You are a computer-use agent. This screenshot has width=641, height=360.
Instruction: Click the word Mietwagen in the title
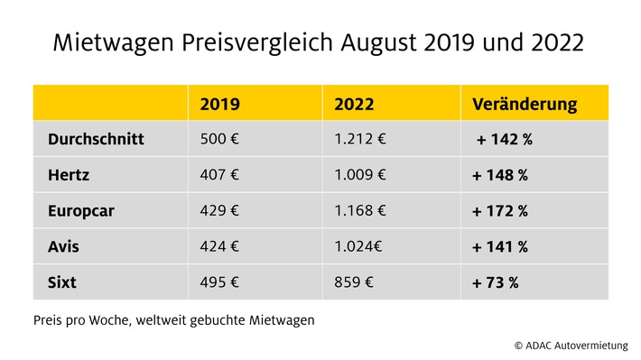coord(114,43)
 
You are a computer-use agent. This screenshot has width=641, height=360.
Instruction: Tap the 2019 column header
coord(220,104)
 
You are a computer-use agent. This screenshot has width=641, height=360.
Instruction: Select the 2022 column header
coord(354,104)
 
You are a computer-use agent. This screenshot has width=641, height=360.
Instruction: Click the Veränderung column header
coord(525,104)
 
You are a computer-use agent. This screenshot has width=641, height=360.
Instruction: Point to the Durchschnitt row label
coord(96,139)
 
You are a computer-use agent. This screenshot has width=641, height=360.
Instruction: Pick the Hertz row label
coord(69,175)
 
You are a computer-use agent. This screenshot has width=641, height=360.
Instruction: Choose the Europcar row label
coord(81,211)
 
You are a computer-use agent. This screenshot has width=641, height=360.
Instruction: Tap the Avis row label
coord(63,247)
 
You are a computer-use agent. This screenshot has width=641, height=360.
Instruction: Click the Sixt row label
coord(62,282)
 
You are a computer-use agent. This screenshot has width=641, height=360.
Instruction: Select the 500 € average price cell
coord(219,139)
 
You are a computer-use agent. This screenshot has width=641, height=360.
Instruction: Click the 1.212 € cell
coord(360,139)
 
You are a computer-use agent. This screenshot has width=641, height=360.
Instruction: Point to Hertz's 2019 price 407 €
coord(219,175)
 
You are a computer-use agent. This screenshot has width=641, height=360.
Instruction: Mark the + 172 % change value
coord(500,211)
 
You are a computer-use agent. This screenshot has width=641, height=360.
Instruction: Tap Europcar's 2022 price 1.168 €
coord(360,210)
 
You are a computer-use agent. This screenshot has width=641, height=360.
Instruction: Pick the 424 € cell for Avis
coord(219,246)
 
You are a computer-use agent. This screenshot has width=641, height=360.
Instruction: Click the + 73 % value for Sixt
coord(496,282)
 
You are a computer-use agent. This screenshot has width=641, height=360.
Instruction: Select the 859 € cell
coord(354,282)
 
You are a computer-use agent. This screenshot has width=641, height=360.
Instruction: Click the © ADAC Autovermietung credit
coord(571,346)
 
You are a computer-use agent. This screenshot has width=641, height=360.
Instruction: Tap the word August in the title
coord(378,43)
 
